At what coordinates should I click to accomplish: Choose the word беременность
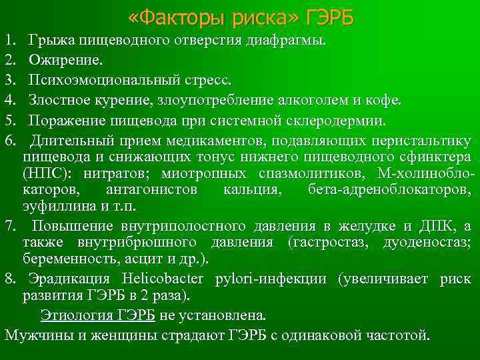63,259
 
